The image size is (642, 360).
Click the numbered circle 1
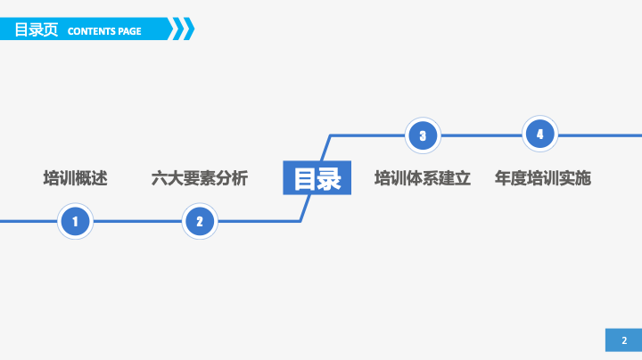tap(75, 221)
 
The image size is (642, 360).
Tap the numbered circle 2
tap(200, 221)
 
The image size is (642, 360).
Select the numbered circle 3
tap(423, 135)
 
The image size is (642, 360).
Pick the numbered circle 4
tap(540, 134)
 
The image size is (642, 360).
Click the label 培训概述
tap(75, 178)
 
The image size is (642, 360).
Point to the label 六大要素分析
tap(200, 178)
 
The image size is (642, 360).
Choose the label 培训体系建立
tap(423, 178)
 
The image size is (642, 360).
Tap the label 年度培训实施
tap(543, 178)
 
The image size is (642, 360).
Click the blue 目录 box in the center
tap(317, 177)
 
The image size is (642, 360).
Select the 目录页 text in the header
tap(37, 30)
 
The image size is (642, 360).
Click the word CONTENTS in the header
tap(92, 31)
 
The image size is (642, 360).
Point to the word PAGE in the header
tap(130, 31)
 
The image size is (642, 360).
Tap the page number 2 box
tap(623, 340)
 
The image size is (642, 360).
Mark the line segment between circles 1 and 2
tap(137, 221)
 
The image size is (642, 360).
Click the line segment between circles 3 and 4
tap(481, 135)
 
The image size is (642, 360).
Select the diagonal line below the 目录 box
tap(306, 209)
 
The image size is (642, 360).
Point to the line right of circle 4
tap(600, 135)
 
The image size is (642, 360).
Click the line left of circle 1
tap(29, 221)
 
